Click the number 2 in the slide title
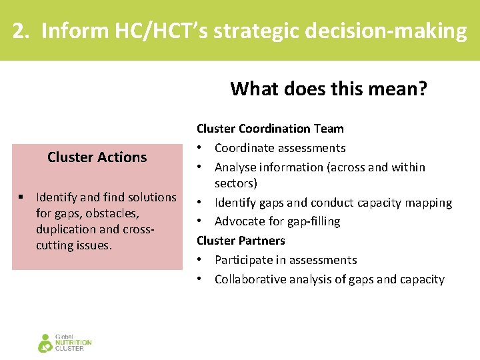point(21,31)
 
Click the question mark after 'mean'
point(421,89)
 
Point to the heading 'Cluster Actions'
point(97,157)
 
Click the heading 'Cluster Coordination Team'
point(270,129)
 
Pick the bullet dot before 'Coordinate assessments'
point(200,148)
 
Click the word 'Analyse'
point(237,167)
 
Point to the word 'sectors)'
point(236,183)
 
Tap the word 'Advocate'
point(239,221)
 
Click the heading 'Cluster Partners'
point(241,241)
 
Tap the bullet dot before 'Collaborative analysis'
point(200,279)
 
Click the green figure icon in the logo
point(45,343)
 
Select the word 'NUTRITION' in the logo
point(73,343)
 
